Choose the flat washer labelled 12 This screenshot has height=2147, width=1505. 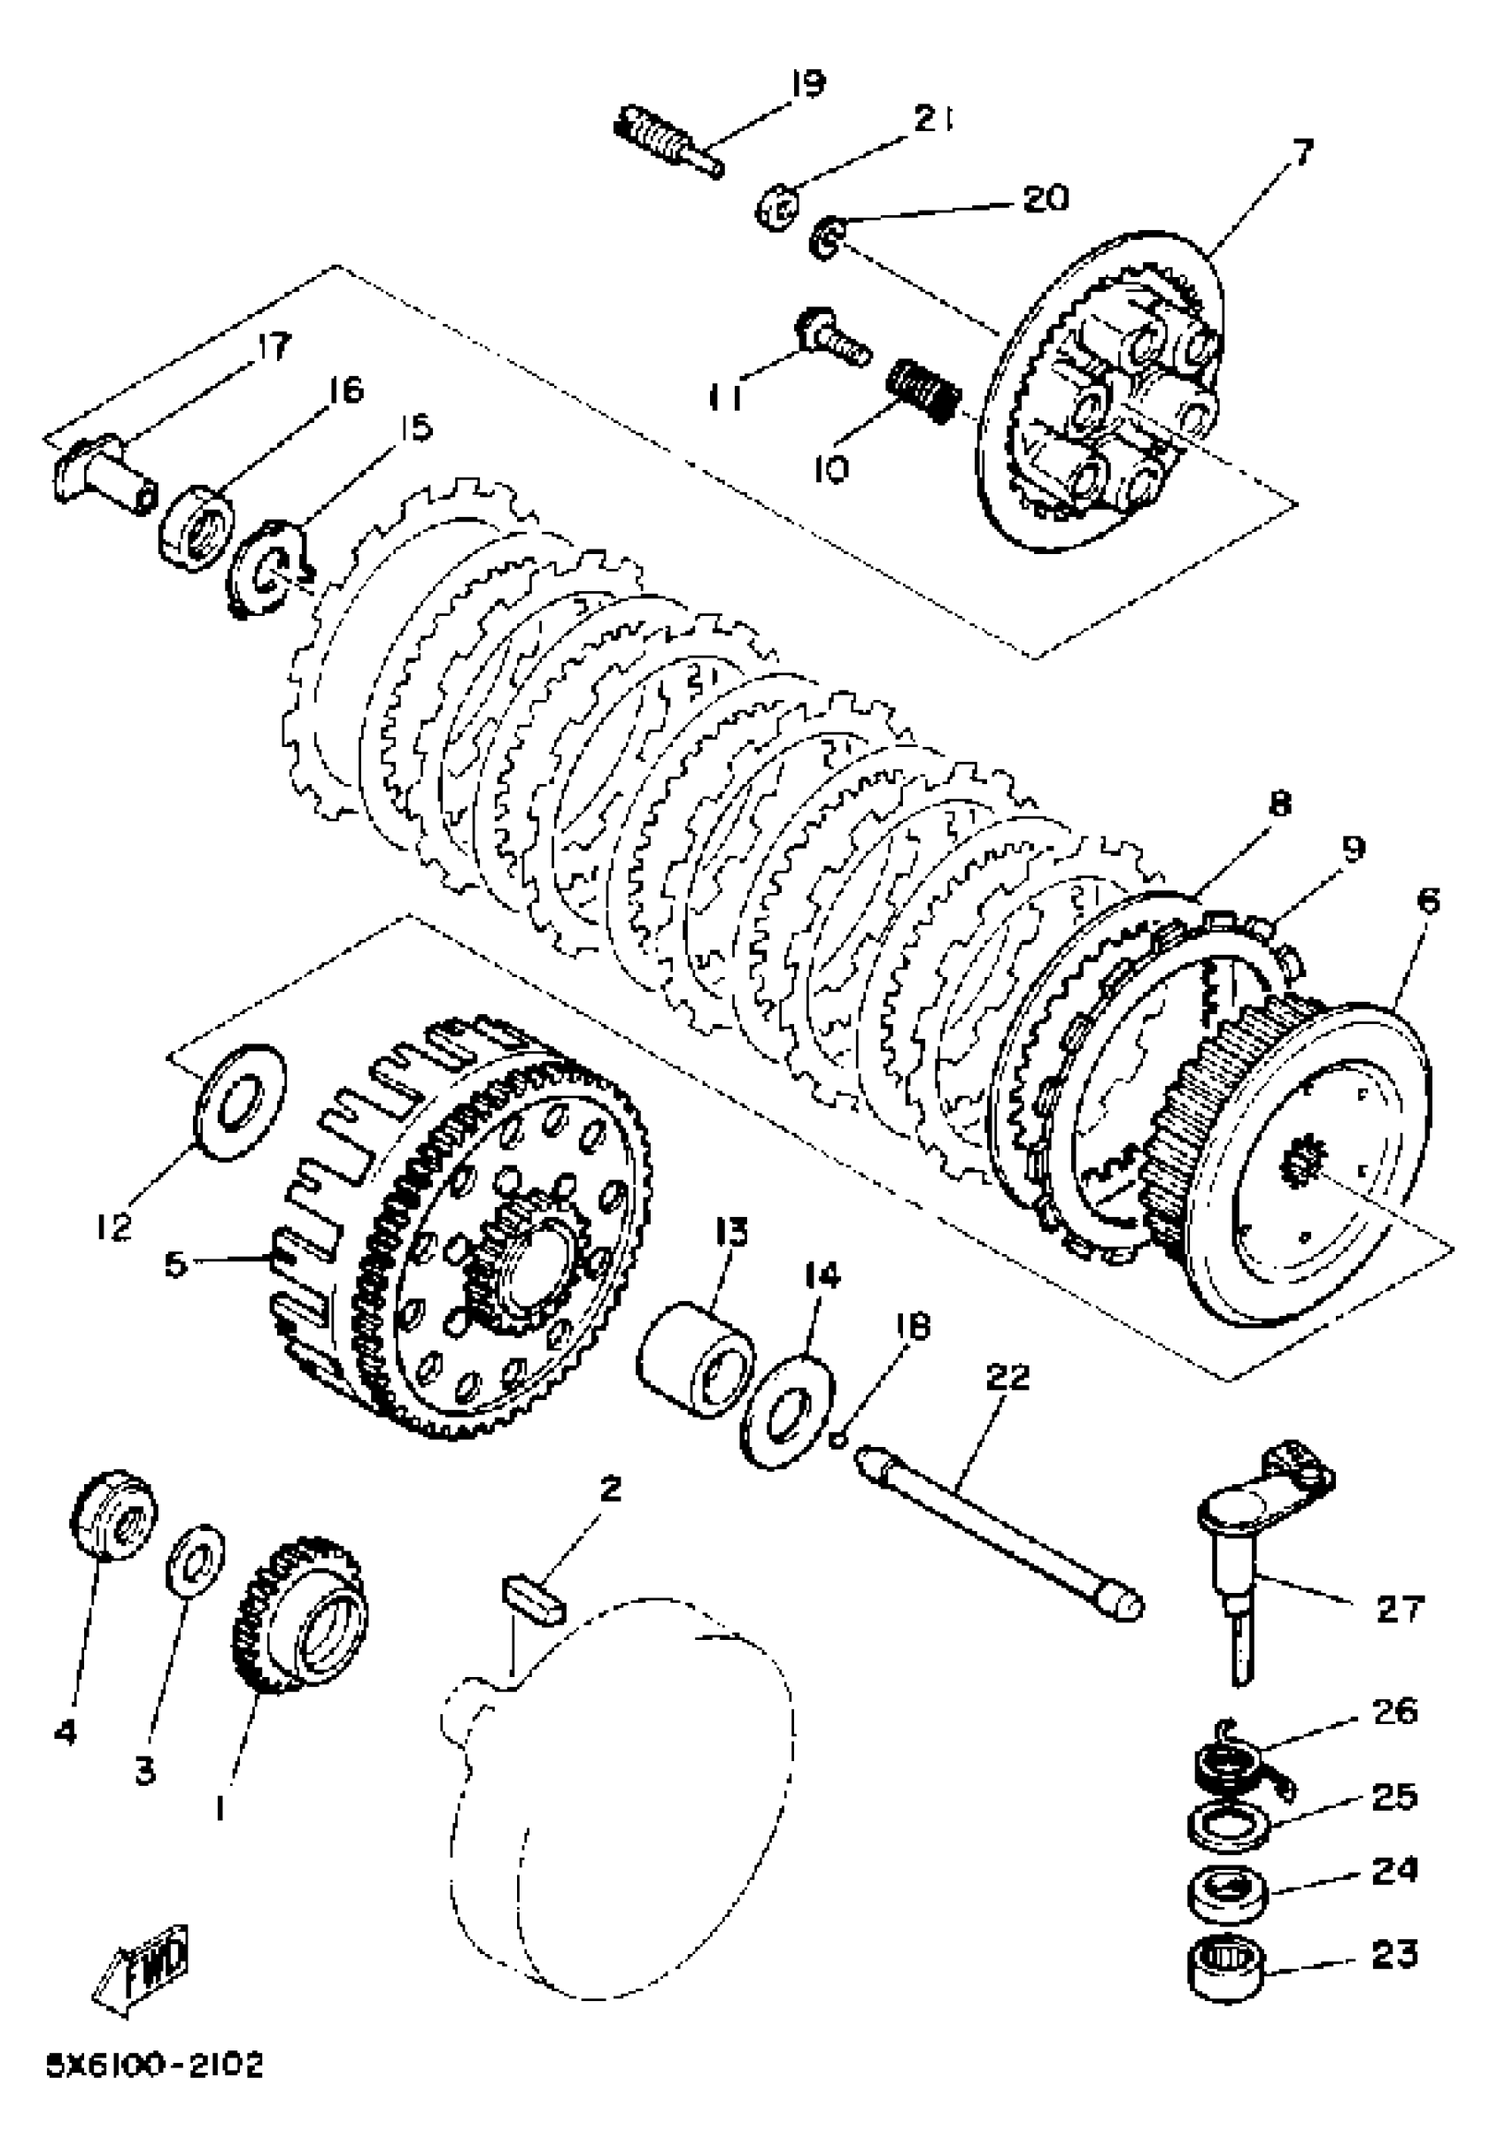pos(238,1101)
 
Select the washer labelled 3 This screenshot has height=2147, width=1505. pos(196,1559)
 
